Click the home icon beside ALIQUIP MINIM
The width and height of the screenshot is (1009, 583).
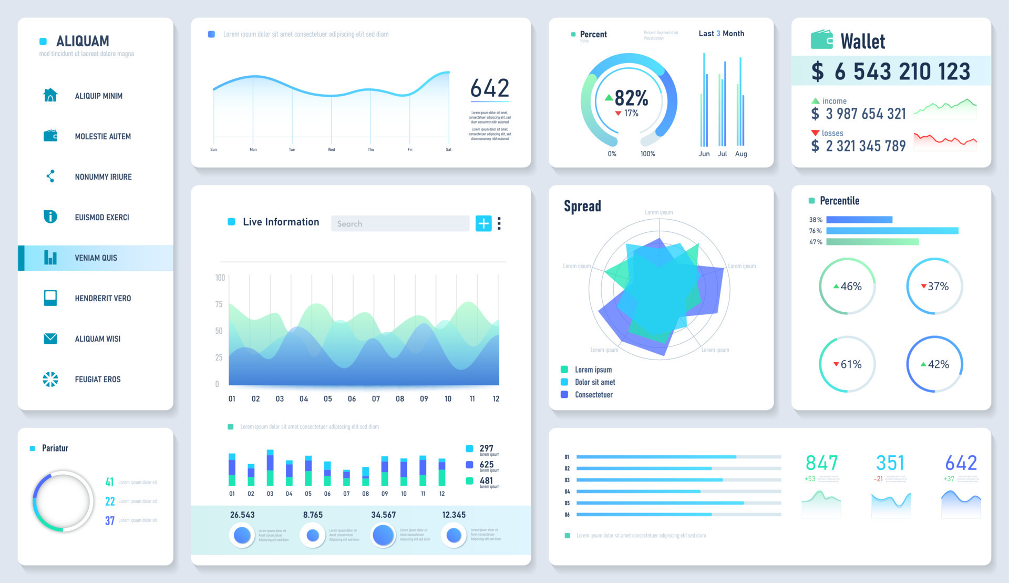(50, 95)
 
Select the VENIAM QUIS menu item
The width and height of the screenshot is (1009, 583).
(96, 258)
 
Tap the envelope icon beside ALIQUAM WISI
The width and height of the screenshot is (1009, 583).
(50, 339)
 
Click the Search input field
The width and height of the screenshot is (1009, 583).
(400, 223)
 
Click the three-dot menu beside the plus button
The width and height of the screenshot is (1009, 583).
(499, 223)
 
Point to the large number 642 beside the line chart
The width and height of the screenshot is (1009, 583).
(489, 88)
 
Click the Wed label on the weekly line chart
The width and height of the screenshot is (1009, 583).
(331, 149)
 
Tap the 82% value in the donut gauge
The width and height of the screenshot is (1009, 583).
(631, 98)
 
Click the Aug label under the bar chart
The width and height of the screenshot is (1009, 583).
(740, 154)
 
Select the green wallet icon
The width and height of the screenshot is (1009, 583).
(821, 40)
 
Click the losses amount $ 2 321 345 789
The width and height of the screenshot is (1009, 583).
(859, 146)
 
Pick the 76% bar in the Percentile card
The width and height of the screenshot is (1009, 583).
(892, 231)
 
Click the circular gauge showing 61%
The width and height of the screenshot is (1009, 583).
(847, 364)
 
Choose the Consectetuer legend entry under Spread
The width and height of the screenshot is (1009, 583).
(593, 394)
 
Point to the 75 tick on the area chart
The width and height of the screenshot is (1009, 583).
(219, 304)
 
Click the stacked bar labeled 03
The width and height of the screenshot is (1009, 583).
(270, 467)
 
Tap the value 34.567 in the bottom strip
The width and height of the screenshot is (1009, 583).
(383, 515)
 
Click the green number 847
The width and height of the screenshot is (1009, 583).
(821, 463)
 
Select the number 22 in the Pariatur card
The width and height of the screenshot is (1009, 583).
(110, 501)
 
